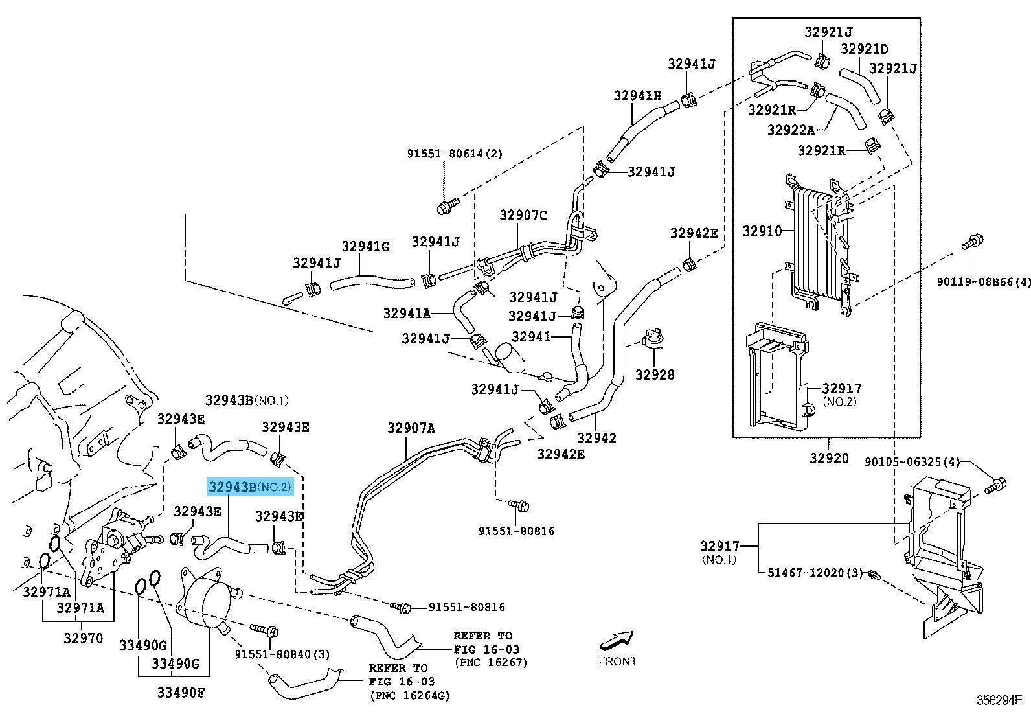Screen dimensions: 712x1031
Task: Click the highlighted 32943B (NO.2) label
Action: click(250, 487)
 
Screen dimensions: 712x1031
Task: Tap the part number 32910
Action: click(762, 231)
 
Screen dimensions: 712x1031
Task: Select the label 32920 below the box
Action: click(828, 458)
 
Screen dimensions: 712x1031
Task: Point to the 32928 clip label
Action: click(655, 374)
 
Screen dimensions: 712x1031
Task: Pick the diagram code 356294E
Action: click(999, 700)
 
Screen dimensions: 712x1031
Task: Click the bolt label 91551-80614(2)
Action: click(455, 154)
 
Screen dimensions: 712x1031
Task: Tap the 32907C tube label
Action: click(523, 215)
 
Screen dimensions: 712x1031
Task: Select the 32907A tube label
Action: click(411, 428)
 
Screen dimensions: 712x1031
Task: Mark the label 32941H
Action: click(638, 96)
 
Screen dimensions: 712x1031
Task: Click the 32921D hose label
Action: click(864, 49)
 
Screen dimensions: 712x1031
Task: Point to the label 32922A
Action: click(791, 130)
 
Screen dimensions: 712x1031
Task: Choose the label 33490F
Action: click(180, 693)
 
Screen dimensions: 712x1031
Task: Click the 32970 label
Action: click(83, 637)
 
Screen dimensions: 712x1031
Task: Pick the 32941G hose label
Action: click(365, 246)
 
